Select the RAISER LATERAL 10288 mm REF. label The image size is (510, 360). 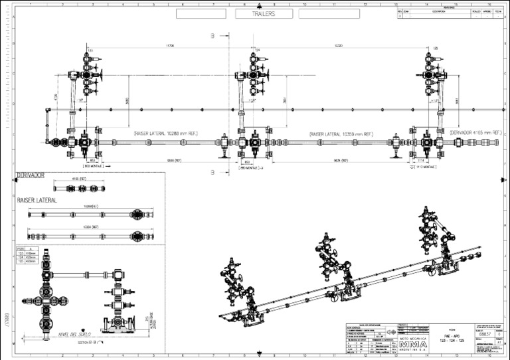point(165,134)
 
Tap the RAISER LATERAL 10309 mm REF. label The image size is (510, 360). point(341,134)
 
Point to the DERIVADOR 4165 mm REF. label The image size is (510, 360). point(473,133)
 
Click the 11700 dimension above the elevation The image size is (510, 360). point(170,46)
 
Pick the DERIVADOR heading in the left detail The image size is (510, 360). point(31,175)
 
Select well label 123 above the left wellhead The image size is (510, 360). point(90,49)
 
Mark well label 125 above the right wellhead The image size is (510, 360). point(436,48)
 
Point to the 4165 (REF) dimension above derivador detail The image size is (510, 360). point(79,179)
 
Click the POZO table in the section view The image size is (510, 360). point(25,255)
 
